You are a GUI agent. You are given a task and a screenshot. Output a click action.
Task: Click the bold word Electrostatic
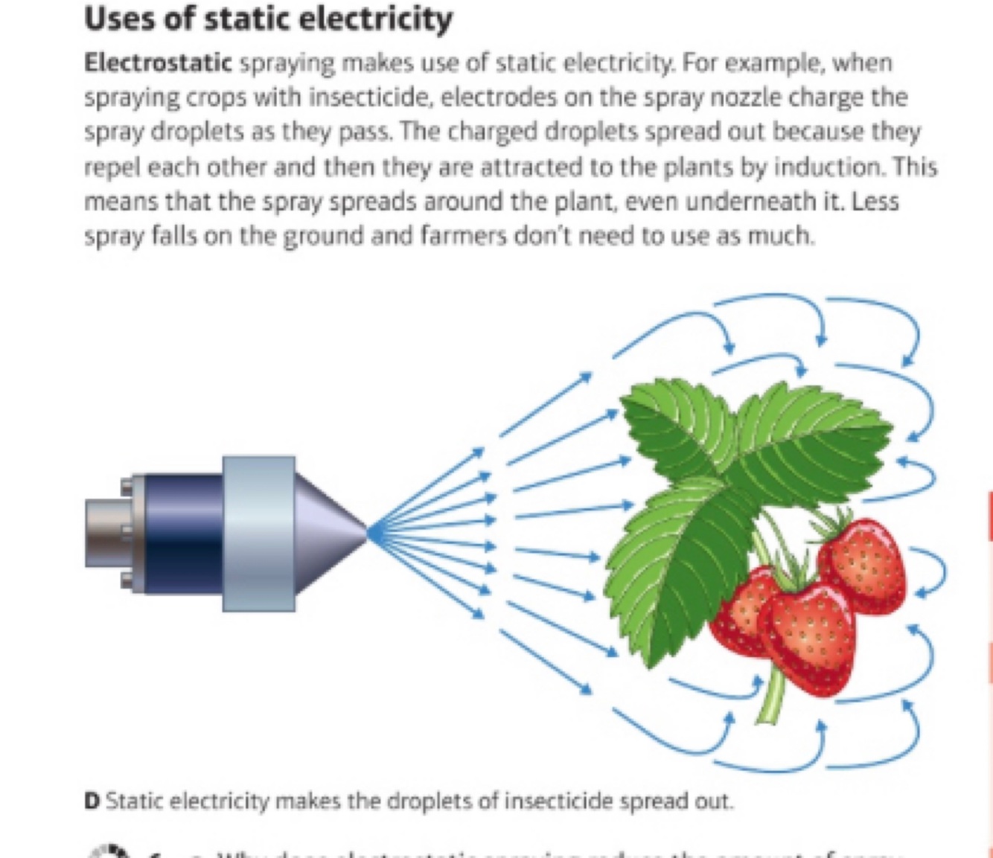coord(158,63)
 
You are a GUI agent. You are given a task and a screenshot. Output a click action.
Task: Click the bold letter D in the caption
coord(92,801)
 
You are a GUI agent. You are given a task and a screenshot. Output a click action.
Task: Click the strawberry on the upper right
coord(863,566)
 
